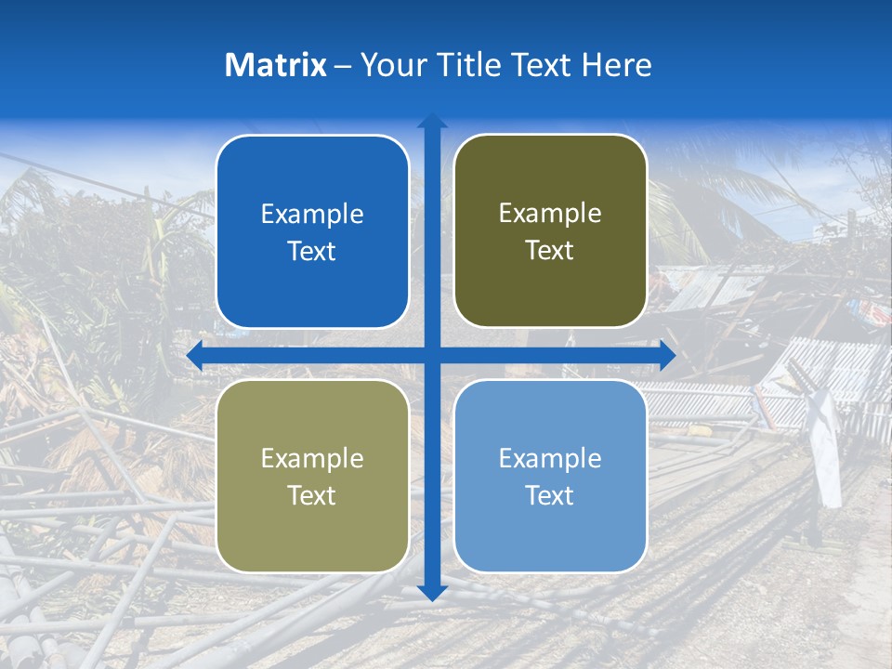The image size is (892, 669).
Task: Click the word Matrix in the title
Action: (276, 65)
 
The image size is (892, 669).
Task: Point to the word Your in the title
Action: (387, 65)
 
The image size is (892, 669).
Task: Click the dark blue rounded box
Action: (312, 232)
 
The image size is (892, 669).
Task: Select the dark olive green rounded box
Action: (550, 231)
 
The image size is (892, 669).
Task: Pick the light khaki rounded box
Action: (312, 476)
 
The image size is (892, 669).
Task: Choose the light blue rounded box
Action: (550, 476)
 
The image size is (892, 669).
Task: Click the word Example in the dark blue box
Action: (312, 215)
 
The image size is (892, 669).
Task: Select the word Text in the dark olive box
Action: (550, 251)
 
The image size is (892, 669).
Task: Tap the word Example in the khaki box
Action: (312, 458)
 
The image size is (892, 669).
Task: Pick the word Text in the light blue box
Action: (550, 495)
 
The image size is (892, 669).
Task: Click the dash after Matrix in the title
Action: (343, 65)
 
